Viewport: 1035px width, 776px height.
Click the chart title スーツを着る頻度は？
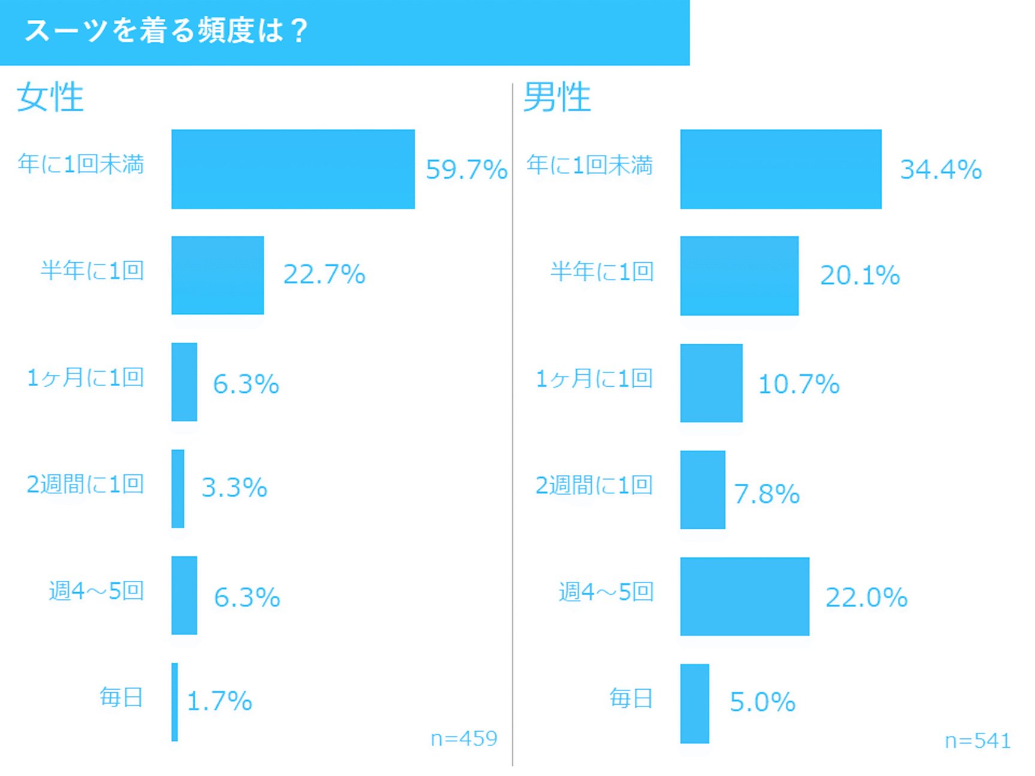click(166, 31)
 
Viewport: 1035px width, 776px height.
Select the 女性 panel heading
click(50, 97)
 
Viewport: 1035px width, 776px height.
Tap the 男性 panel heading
click(557, 97)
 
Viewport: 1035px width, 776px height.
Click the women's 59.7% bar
click(293, 169)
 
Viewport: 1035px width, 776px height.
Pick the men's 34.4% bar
click(780, 169)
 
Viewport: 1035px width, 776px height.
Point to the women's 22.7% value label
click(324, 275)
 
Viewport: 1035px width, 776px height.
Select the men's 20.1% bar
click(739, 275)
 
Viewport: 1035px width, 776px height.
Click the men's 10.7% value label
click(799, 384)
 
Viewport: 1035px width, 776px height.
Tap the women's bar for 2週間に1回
click(178, 489)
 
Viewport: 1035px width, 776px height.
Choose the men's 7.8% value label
click(767, 494)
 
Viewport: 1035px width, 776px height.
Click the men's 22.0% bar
click(745, 596)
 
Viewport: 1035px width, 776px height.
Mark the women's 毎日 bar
click(175, 702)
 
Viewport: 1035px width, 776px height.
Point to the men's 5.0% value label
click(762, 702)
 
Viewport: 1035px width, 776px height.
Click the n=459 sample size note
click(464, 738)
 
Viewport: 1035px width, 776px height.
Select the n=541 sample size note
click(978, 741)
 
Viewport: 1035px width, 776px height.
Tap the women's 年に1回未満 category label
click(81, 163)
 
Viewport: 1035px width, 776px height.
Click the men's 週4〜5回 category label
click(606, 592)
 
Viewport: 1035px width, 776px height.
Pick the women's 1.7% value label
click(220, 701)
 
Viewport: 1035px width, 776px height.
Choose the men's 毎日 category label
click(631, 698)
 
